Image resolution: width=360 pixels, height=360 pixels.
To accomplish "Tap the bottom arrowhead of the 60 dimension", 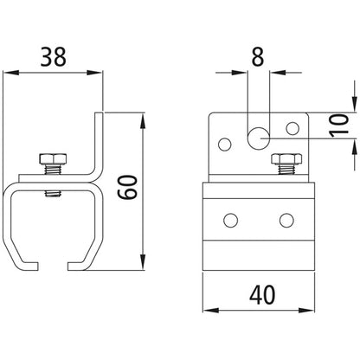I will click(x=141, y=265).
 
